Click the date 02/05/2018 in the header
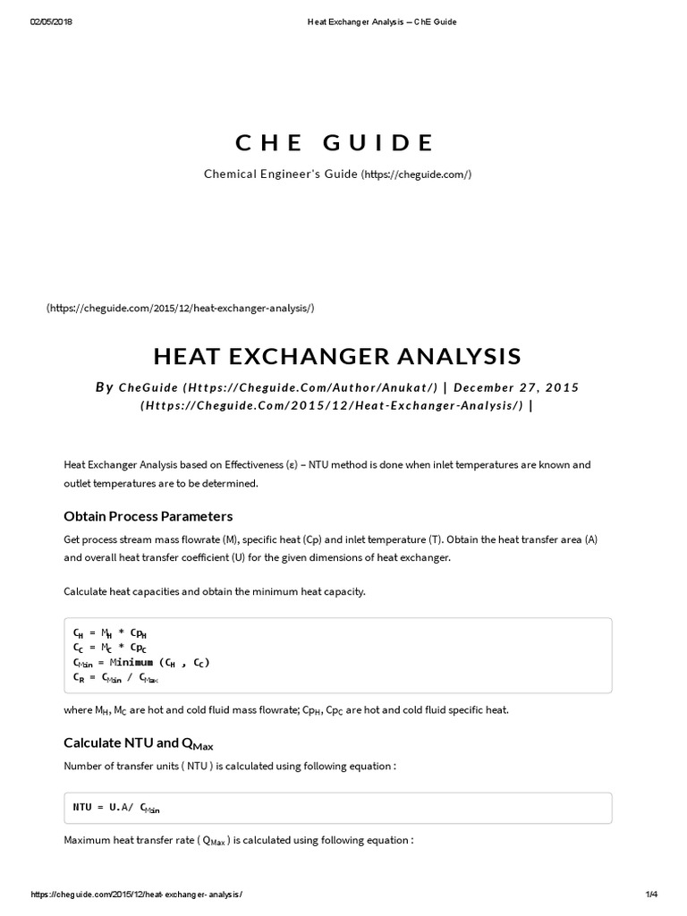(51, 21)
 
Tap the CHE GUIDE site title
(335, 142)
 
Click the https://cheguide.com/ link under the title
(416, 174)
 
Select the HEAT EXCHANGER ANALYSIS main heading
(336, 355)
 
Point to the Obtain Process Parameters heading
(148, 516)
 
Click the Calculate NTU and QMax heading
(139, 743)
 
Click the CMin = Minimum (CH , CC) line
(141, 663)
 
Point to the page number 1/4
(650, 895)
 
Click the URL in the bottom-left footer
(136, 895)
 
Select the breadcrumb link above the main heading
(180, 308)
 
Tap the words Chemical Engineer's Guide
(281, 174)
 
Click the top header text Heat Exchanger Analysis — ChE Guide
(375, 21)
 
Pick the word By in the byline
(105, 387)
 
